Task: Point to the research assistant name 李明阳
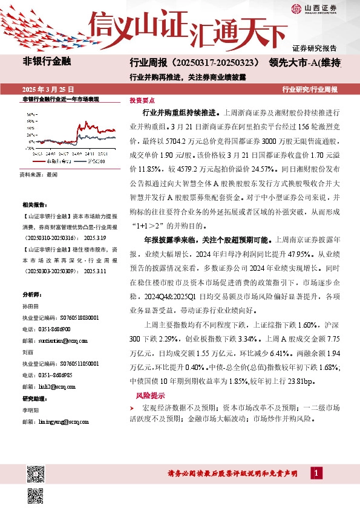tap(30, 409)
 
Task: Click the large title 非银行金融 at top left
tap(47, 62)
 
